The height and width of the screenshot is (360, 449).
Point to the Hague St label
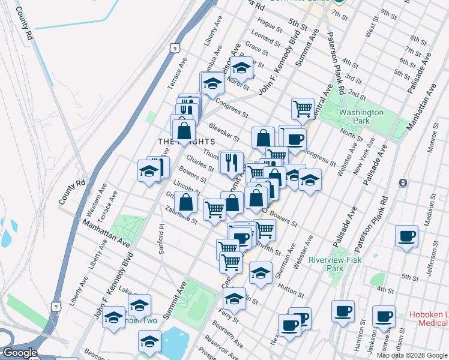tap(270, 27)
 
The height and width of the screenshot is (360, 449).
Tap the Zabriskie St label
tap(181, 215)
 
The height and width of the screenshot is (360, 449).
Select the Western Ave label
tap(92, 204)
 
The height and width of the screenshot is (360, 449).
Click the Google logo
tap(19, 353)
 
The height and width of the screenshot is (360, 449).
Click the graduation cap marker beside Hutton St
tap(260, 272)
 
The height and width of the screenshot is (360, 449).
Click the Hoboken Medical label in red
tap(429, 319)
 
